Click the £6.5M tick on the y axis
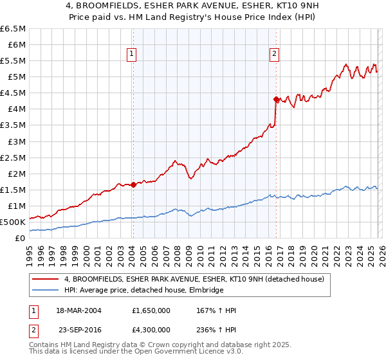[x=14, y=29]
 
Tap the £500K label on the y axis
[x=13, y=222]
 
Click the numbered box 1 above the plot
[x=131, y=55]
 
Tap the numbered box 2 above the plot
[x=275, y=55]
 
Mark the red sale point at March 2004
[x=133, y=184]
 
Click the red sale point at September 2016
[x=276, y=99]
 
